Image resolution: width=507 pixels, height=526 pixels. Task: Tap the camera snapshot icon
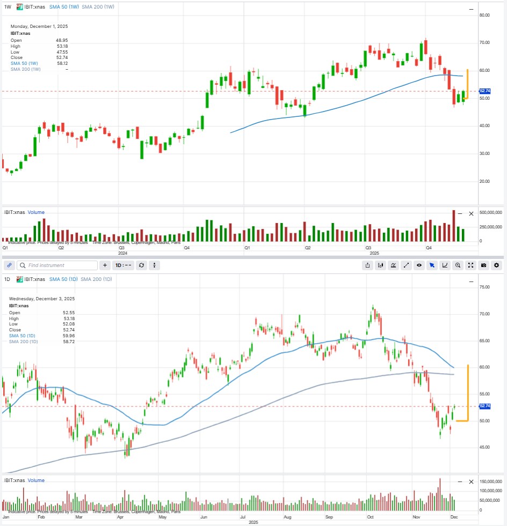(483, 265)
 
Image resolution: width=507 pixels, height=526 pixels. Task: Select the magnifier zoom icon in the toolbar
(458, 265)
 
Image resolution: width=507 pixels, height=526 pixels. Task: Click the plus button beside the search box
(105, 265)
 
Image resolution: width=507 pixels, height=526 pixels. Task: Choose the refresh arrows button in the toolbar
(141, 265)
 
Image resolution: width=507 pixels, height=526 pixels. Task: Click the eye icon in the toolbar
(418, 265)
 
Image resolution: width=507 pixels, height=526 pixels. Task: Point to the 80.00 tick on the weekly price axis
(484, 15)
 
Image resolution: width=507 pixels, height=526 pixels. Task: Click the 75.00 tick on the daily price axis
(484, 287)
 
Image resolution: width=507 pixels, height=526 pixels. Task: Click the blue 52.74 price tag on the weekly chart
(484, 91)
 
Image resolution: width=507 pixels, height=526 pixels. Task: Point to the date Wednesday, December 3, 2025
(42, 299)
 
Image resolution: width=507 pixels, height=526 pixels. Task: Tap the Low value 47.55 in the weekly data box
(61, 52)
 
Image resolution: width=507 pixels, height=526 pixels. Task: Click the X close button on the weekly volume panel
(472, 213)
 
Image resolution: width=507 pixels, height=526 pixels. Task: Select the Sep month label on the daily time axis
(329, 517)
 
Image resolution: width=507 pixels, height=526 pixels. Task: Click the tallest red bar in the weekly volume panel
(453, 225)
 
